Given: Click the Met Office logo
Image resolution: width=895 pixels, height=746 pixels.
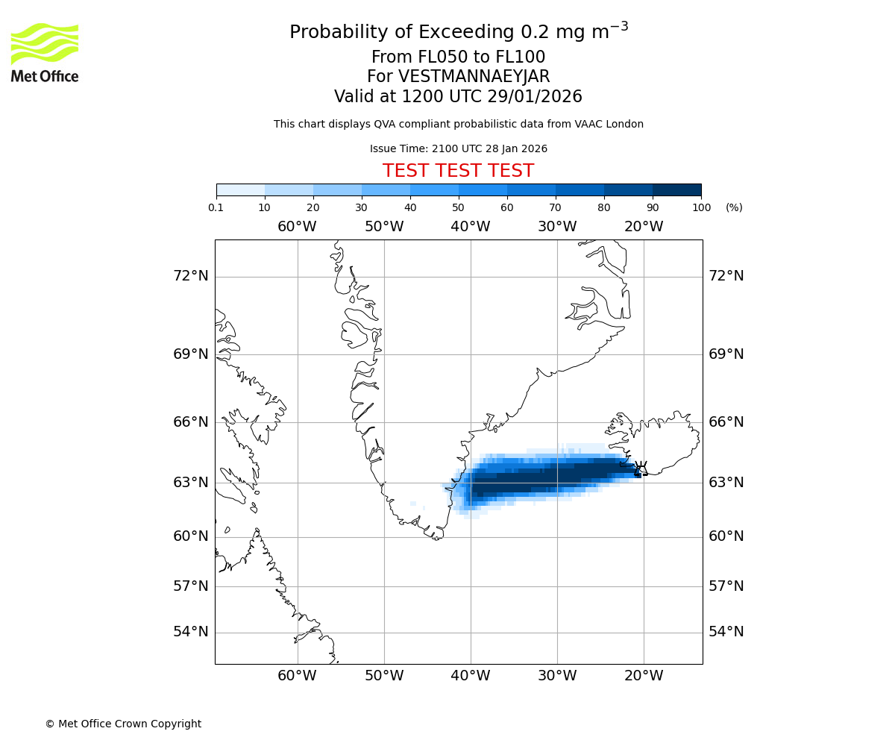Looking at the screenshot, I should (45, 52).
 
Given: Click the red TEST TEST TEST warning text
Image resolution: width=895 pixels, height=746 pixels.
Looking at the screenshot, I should (458, 171).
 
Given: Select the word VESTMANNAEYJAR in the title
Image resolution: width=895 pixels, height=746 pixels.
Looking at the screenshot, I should (474, 77).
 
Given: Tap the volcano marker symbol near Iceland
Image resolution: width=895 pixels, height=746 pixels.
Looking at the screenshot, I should (639, 468).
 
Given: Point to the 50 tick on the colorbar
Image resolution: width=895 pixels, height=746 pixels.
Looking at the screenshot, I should (459, 207).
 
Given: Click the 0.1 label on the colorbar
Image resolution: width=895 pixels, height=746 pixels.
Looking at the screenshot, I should (216, 207).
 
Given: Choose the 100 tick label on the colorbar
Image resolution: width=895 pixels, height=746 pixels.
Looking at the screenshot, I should (701, 207).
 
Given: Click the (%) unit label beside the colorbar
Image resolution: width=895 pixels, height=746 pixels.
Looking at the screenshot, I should (734, 207).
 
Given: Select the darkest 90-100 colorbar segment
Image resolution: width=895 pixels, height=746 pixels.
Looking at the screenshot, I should (676, 189).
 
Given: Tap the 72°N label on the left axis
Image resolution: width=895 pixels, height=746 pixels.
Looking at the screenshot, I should (190, 276).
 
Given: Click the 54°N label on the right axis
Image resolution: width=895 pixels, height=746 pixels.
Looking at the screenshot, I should (726, 632).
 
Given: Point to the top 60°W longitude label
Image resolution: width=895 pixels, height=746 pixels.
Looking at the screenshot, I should (297, 227).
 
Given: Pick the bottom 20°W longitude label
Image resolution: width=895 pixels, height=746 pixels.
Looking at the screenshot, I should (643, 676).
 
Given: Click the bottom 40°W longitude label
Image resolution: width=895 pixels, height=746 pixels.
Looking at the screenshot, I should (470, 676).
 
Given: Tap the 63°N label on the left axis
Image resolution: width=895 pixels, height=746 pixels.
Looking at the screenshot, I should (190, 483).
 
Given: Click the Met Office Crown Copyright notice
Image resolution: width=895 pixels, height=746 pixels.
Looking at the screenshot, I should (123, 724).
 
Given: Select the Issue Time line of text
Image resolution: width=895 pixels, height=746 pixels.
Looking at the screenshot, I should (458, 149).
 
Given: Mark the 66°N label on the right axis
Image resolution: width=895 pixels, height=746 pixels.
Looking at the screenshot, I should (726, 422).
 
